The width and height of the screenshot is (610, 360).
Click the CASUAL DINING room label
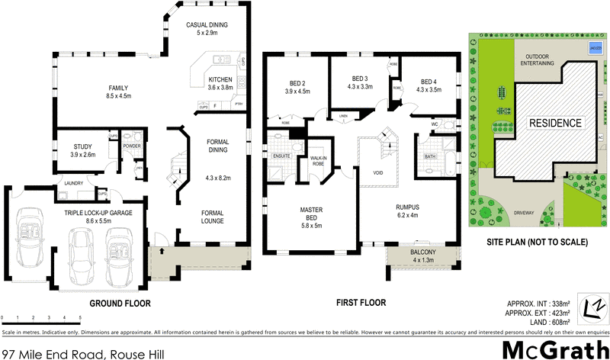click(208, 24)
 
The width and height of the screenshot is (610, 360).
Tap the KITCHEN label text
click(220, 79)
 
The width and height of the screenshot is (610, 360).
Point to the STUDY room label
click(82, 146)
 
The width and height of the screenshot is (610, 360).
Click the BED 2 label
click(297, 83)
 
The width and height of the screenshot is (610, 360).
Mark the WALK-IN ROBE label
click(319, 161)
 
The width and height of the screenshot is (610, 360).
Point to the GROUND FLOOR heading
click(120, 303)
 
